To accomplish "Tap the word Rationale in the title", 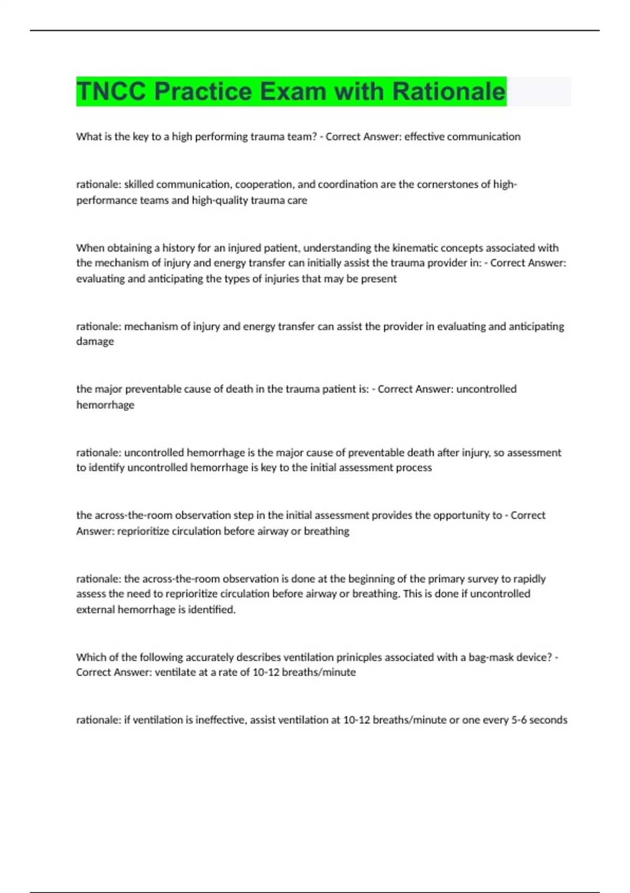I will coord(449,91).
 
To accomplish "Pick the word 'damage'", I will coord(95,341).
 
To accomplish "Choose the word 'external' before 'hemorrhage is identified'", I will coord(96,609).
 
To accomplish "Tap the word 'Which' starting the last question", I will coord(90,657).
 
